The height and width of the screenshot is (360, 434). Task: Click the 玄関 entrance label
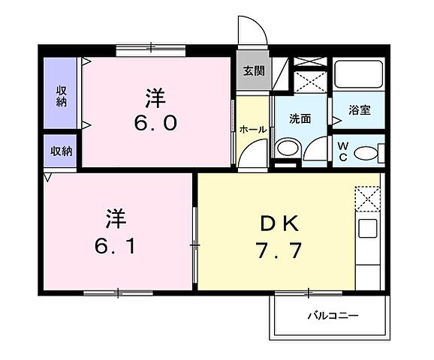pyautogui.click(x=253, y=71)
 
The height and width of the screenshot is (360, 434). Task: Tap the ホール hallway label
pyautogui.click(x=252, y=129)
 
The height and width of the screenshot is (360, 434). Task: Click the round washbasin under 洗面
pyautogui.click(x=286, y=148)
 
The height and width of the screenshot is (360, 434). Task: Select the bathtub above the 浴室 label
pyautogui.click(x=357, y=75)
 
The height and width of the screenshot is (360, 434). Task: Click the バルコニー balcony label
pyautogui.click(x=332, y=315)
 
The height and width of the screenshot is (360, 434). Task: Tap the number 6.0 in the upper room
pyautogui.click(x=155, y=123)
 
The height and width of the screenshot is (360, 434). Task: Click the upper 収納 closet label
pyautogui.click(x=61, y=95)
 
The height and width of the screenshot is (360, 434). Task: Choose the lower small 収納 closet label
pyautogui.click(x=62, y=151)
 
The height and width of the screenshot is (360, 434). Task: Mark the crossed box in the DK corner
pyautogui.click(x=367, y=199)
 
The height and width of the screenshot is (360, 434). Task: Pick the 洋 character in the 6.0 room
pyautogui.click(x=155, y=97)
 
